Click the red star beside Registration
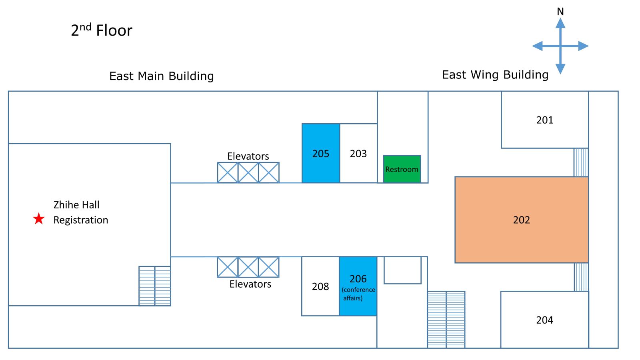coord(39,219)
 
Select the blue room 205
coord(321,154)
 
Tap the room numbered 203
coord(358,154)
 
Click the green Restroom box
coord(402,169)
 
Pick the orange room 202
coord(521,220)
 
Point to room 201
coord(544,120)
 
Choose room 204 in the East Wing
coord(544,320)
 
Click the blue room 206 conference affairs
coord(358,286)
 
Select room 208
coord(320,286)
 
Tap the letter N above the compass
coord(560,12)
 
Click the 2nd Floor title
coord(102,30)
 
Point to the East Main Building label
coord(162,76)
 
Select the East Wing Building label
coord(495,75)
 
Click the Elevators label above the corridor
coord(248,156)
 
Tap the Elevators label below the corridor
coord(250,284)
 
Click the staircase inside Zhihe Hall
coord(155,286)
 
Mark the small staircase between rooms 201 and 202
coord(581,162)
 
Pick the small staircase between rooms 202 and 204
coord(581,277)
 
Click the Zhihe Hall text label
coord(76,205)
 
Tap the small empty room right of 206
coord(402,270)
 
